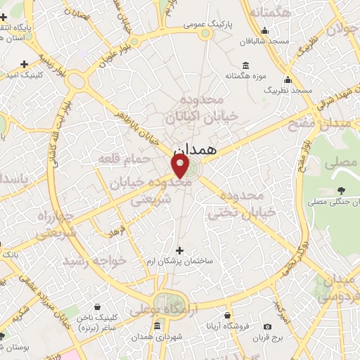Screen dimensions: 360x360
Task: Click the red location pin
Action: [x=181, y=166]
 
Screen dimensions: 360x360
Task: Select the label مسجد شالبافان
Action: [x=264, y=41]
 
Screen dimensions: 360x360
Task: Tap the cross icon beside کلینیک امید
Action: [x=25, y=63]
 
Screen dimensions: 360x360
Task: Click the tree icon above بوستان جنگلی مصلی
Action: [x=341, y=190]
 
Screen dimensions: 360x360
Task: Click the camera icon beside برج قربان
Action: [x=267, y=326]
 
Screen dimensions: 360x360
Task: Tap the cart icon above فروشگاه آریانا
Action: [x=226, y=316]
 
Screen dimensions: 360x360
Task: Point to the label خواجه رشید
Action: [x=95, y=261]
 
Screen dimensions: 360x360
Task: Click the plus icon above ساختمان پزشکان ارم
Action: [x=179, y=250]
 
